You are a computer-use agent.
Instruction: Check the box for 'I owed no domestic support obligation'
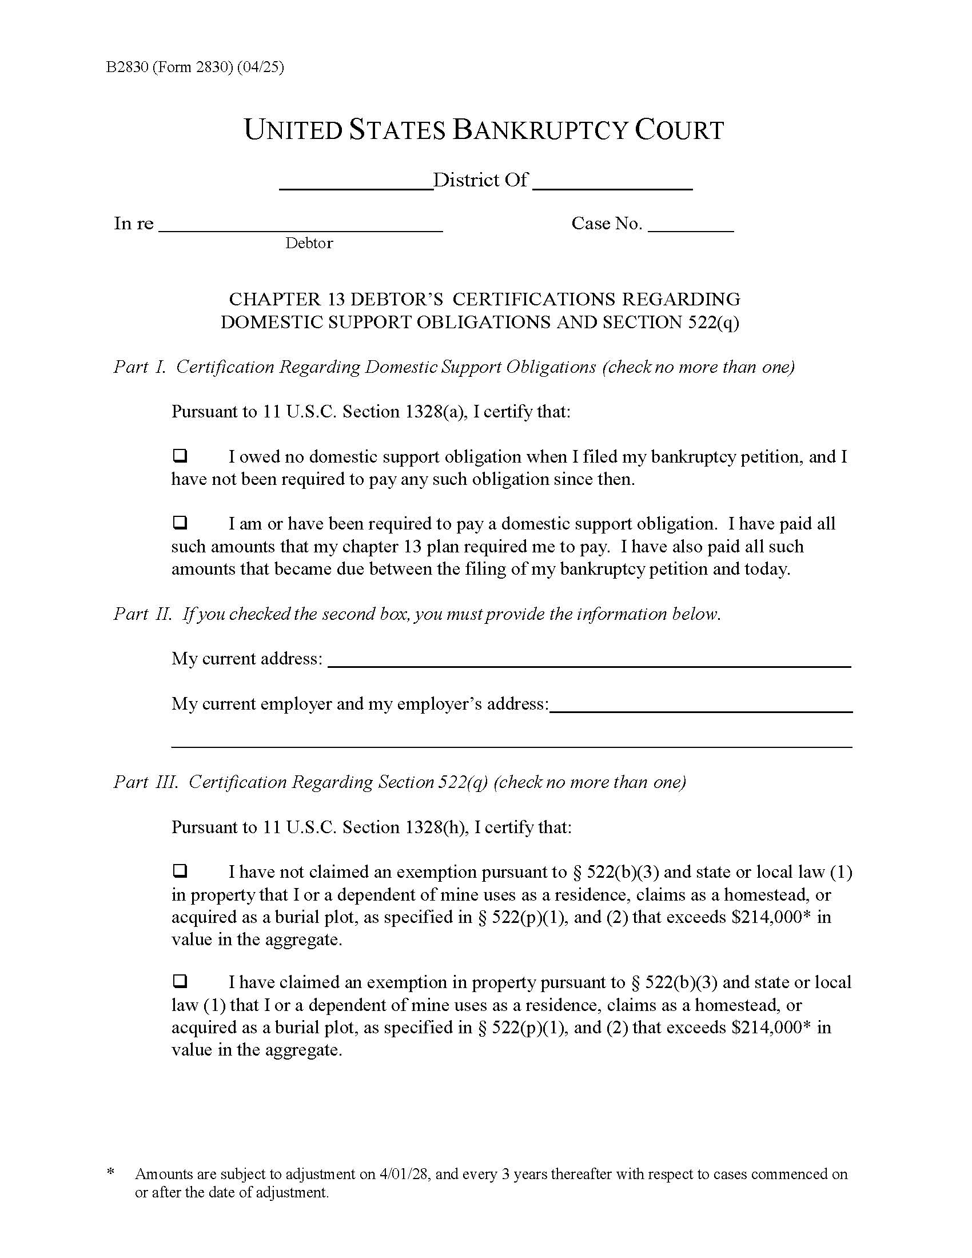[180, 456]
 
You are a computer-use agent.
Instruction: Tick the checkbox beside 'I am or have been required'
[180, 523]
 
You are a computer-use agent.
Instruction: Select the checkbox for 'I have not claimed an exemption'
[180, 871]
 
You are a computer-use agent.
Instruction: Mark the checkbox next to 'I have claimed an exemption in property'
[180, 981]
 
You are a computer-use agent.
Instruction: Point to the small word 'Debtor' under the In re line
[309, 243]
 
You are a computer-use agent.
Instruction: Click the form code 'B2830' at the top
[128, 67]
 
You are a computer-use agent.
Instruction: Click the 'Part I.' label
[140, 367]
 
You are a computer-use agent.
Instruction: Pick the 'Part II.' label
[143, 614]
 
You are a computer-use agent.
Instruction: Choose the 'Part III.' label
[146, 782]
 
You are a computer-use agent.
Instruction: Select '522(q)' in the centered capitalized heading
[714, 322]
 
